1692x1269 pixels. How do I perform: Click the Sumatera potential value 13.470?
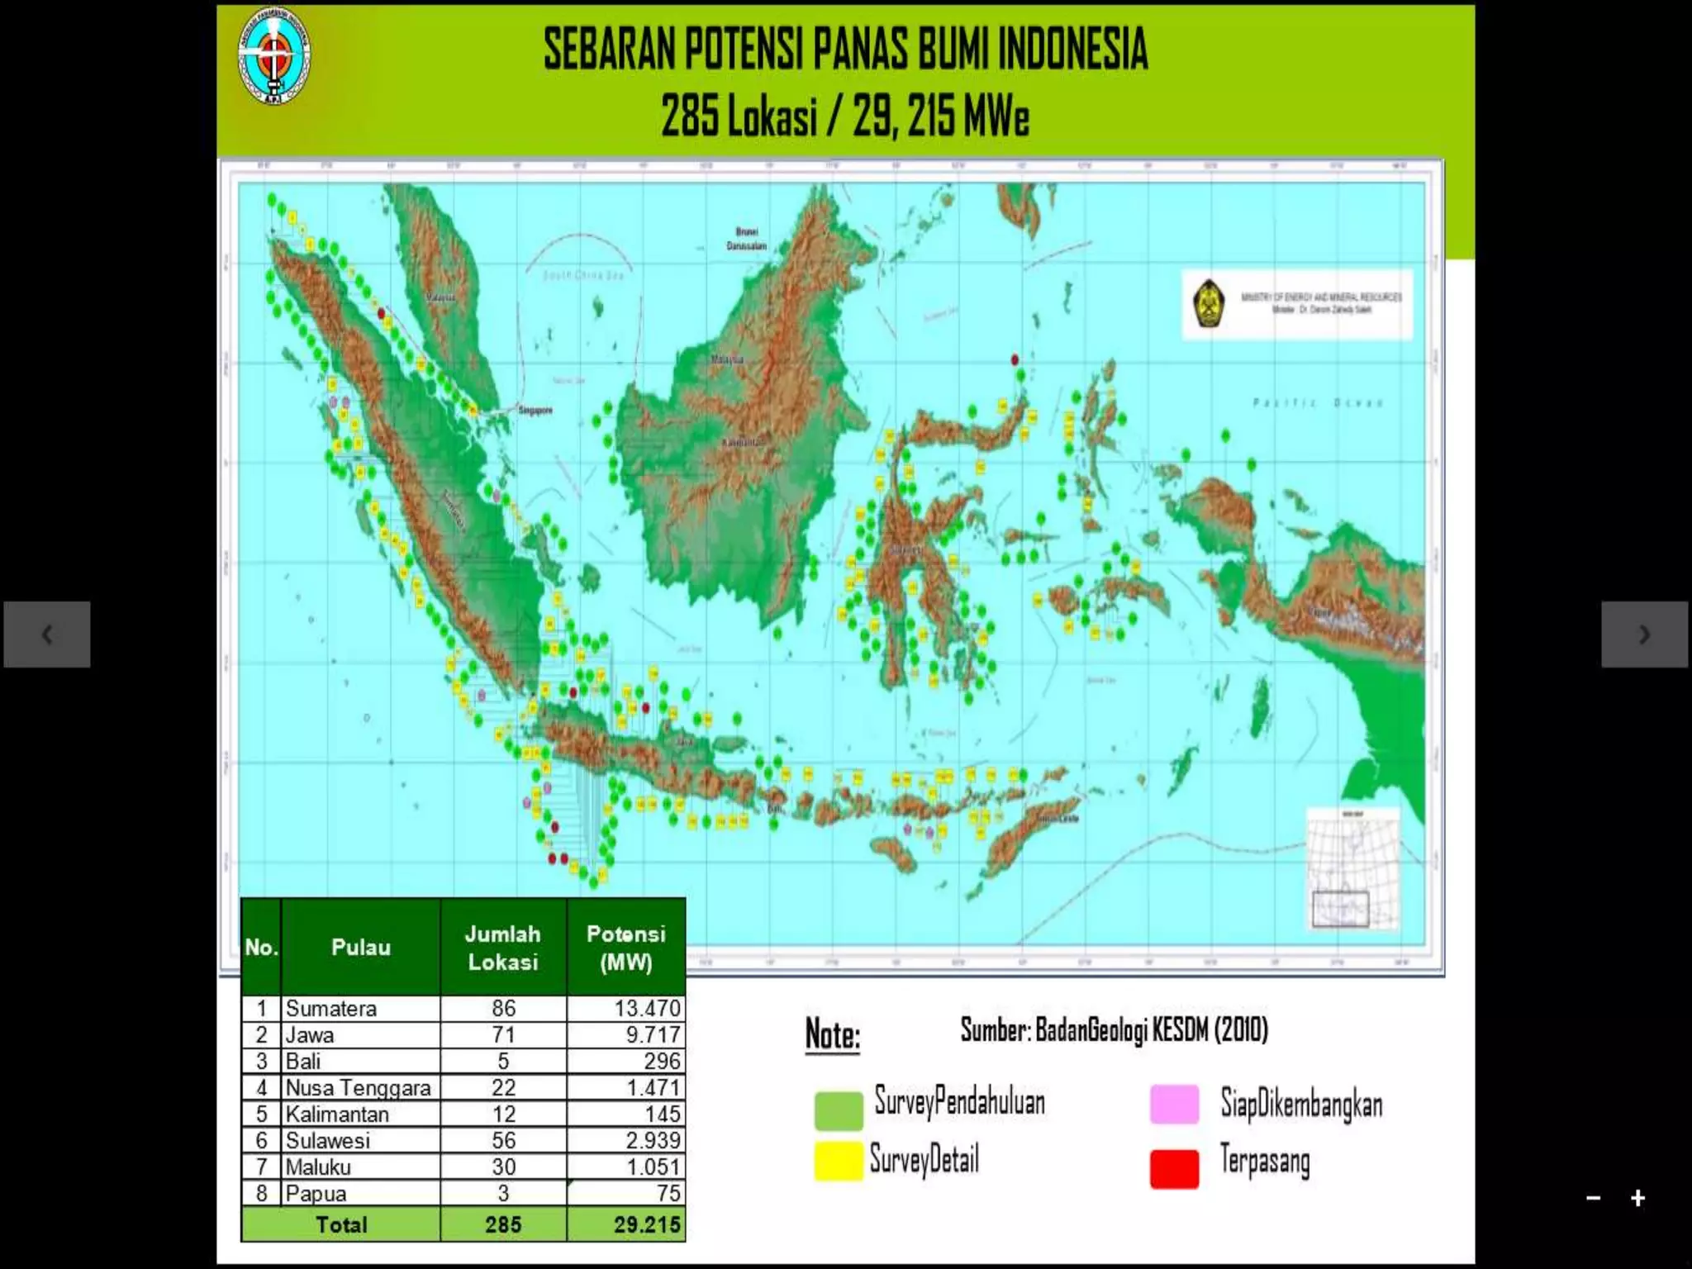point(647,1008)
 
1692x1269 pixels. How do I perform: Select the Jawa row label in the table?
point(310,1034)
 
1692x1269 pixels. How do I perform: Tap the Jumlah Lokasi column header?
point(502,948)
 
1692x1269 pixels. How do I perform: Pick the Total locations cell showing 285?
point(503,1224)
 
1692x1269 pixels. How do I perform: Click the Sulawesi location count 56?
point(503,1140)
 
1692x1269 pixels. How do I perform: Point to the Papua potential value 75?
point(668,1193)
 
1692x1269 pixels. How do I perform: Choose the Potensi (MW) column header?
point(625,948)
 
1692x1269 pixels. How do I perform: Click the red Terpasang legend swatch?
point(1174,1168)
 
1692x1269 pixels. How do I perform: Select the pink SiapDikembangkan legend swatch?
point(1174,1105)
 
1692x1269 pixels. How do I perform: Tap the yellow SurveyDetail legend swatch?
point(838,1161)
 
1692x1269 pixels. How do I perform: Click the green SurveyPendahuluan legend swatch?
point(838,1110)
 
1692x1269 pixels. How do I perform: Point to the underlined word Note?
point(832,1035)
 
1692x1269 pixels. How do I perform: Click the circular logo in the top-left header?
point(274,55)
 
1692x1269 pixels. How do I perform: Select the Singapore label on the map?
point(535,410)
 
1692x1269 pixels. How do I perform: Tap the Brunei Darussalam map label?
point(746,239)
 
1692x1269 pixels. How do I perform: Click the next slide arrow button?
point(1644,634)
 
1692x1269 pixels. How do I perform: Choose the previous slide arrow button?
point(47,634)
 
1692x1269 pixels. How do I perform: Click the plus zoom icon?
point(1637,1198)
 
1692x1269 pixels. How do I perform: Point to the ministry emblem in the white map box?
point(1209,304)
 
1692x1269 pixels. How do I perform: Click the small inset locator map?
point(1352,867)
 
